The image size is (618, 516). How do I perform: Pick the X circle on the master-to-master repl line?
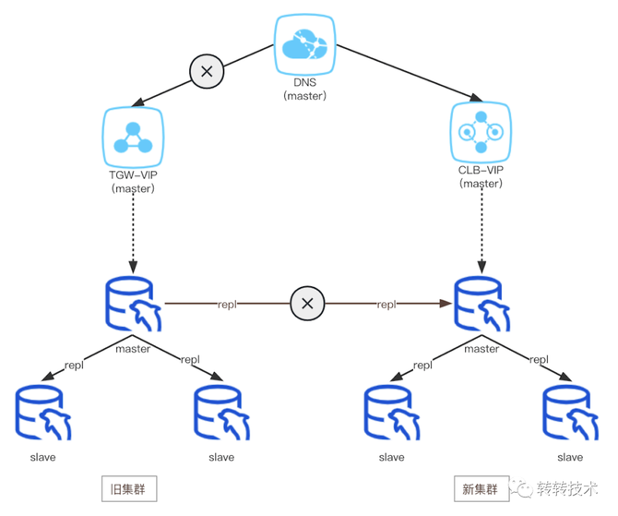308,303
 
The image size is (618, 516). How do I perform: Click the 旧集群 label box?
128,488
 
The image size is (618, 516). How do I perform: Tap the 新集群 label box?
480,488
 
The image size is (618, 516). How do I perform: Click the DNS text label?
304,83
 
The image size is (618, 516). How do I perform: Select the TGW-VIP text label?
134,175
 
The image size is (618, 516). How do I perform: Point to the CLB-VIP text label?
481,171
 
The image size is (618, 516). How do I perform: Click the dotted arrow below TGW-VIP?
133,231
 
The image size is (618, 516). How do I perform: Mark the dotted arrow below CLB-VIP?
481,231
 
